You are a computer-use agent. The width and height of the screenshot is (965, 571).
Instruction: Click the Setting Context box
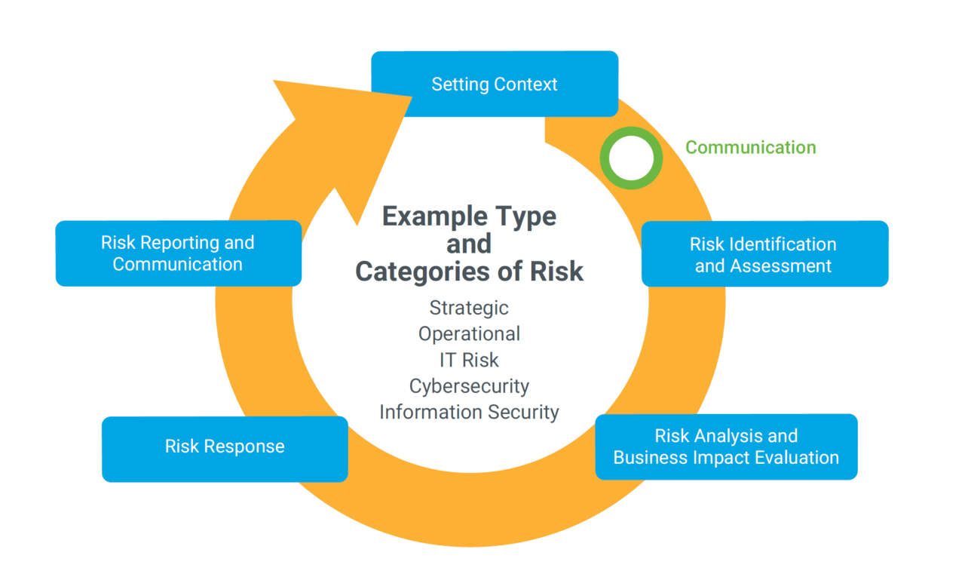tap(495, 84)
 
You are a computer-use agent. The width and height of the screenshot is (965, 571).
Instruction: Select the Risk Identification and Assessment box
tap(764, 254)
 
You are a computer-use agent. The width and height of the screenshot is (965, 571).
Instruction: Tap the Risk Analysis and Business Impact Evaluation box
tap(726, 447)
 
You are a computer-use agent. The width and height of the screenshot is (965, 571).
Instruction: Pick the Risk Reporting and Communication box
tap(178, 253)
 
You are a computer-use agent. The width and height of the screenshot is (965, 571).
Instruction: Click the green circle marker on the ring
tap(631, 158)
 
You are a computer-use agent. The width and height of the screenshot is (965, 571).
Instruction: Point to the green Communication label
tap(750, 147)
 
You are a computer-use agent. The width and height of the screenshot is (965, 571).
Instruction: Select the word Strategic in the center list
tap(469, 308)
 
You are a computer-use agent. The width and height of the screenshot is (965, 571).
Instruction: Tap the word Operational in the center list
tap(469, 333)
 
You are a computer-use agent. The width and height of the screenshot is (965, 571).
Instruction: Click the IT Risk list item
tap(469, 360)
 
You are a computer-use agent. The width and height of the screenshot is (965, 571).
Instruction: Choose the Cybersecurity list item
tap(469, 386)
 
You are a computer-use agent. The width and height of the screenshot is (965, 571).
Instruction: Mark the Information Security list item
tap(469, 413)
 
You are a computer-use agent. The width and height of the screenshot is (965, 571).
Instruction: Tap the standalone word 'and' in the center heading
tap(469, 244)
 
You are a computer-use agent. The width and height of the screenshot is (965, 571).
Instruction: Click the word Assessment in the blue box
tap(784, 266)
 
